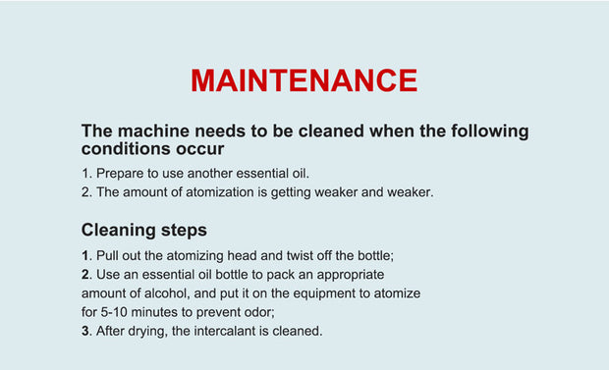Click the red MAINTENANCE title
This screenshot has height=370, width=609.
pyautogui.click(x=304, y=80)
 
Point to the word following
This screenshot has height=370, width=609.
pyautogui.click(x=490, y=132)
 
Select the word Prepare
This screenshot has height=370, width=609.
pyautogui.click(x=120, y=174)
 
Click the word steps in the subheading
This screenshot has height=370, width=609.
pyautogui.click(x=184, y=231)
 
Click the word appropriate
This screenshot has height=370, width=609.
pyautogui.click(x=351, y=275)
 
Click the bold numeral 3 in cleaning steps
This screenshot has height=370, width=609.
pyautogui.click(x=85, y=331)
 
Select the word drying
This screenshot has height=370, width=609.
pyautogui.click(x=145, y=332)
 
